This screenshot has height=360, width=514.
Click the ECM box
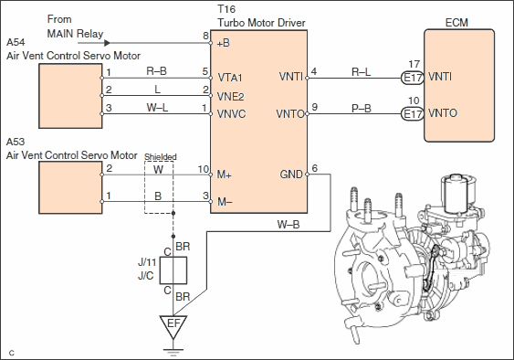point(459,86)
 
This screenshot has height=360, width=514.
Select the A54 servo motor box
point(70,96)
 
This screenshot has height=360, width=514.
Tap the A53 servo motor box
point(70,187)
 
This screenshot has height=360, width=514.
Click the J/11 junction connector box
point(173,270)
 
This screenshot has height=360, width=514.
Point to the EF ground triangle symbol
point(173,326)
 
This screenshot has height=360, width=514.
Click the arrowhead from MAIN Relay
point(107,43)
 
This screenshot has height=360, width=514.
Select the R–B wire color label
point(157,71)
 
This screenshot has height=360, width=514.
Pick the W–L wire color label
point(157,108)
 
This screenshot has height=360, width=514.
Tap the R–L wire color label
point(361,72)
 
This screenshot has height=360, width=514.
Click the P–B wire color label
point(362,109)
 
